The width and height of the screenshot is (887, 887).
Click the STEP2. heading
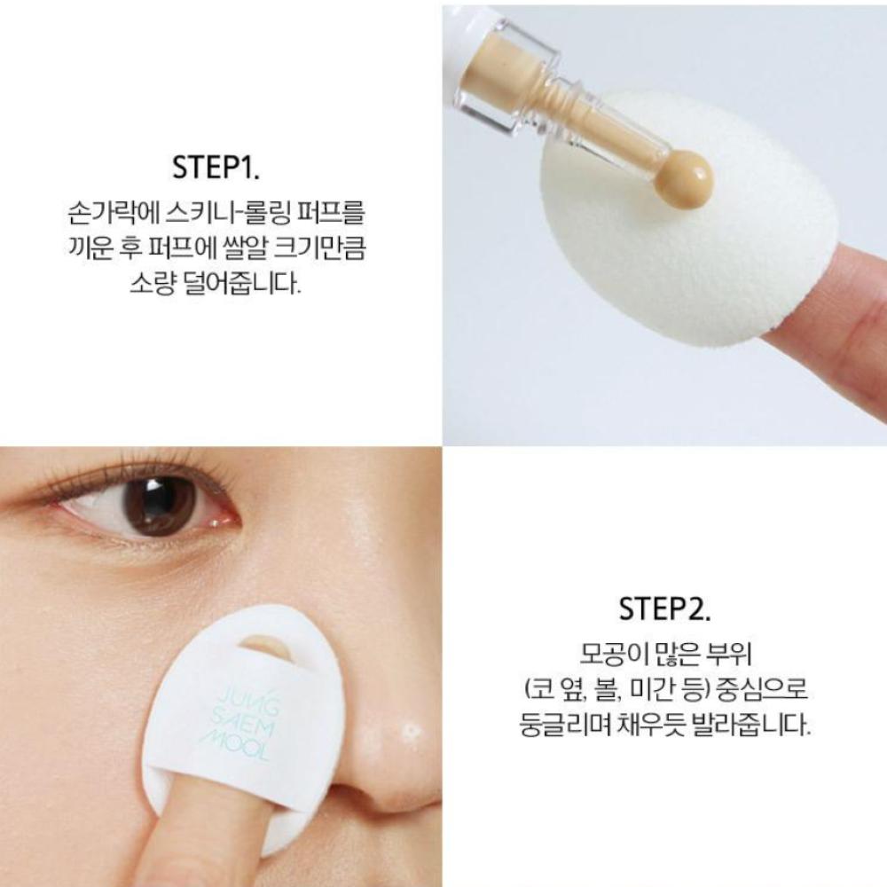pyautogui.click(x=664, y=611)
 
